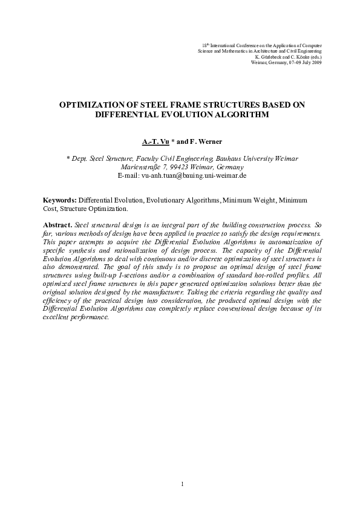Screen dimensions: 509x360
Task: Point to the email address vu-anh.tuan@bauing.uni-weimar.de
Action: click(189, 175)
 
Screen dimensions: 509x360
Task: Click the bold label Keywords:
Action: click(60, 200)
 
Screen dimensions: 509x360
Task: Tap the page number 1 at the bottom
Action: click(181, 484)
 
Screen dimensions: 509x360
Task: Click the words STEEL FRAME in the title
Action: click(159, 104)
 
